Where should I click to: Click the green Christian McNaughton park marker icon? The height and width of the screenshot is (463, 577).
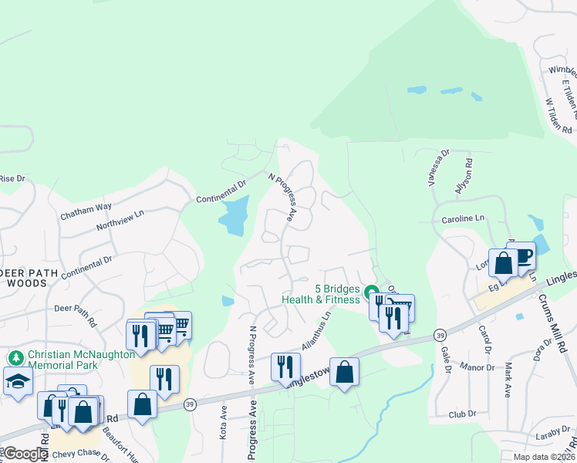pyautogui.click(x=16, y=358)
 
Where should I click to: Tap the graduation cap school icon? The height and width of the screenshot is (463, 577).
pyautogui.click(x=17, y=381)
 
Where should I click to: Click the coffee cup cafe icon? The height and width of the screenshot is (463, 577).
pyautogui.click(x=521, y=255)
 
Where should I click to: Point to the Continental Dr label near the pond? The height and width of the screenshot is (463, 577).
pyautogui.click(x=221, y=191)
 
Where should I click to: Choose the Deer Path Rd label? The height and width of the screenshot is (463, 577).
pyautogui.click(x=75, y=314)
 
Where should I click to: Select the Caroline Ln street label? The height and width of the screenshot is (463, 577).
pyautogui.click(x=462, y=219)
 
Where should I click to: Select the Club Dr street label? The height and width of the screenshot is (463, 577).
pyautogui.click(x=462, y=415)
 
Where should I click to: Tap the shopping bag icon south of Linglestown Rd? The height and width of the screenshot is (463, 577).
pyautogui.click(x=344, y=370)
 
